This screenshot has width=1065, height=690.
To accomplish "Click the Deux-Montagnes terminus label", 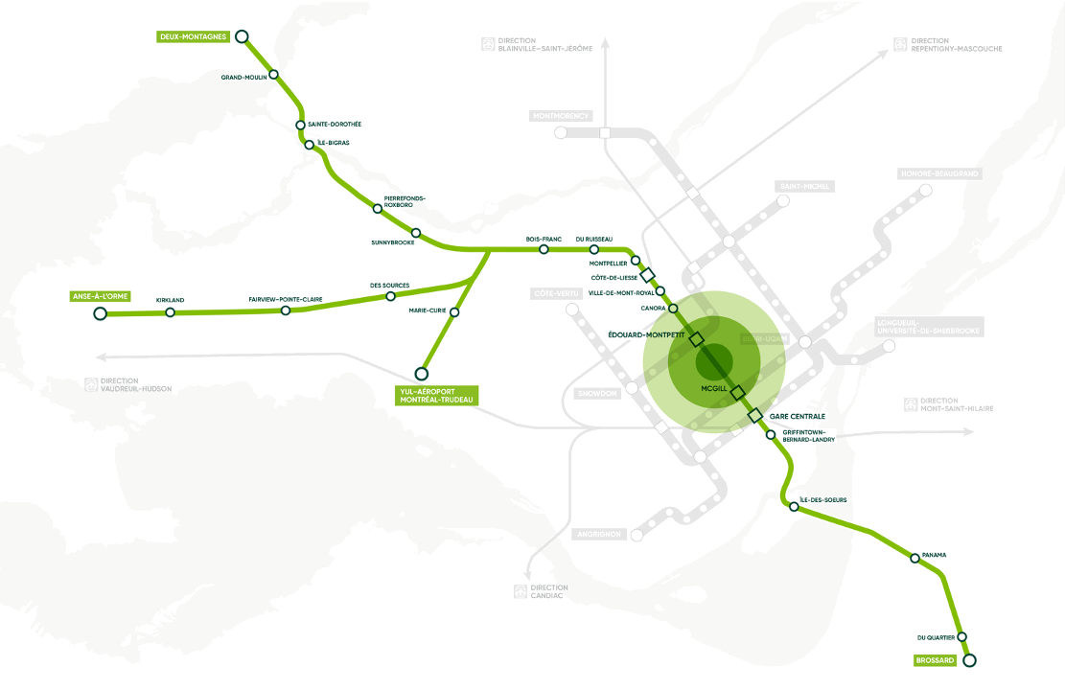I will click(193, 37).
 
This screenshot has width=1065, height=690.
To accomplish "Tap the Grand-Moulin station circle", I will click(273, 74).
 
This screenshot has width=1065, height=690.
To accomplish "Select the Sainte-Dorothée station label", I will click(335, 125).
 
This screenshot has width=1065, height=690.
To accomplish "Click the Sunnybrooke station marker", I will click(415, 233).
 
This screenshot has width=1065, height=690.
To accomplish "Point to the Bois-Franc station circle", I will click(544, 249).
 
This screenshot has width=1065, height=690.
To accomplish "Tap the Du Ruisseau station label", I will click(593, 239).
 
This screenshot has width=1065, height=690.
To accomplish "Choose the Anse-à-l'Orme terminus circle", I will click(100, 313).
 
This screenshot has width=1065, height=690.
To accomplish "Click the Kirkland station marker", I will click(170, 312).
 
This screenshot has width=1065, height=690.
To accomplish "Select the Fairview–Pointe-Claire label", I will click(286, 300).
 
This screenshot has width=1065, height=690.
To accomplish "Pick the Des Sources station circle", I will click(390, 296).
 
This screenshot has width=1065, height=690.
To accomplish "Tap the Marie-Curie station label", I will click(428, 310).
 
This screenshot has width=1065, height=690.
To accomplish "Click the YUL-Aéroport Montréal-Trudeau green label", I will click(436, 395).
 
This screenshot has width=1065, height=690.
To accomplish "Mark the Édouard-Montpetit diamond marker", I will click(696, 339).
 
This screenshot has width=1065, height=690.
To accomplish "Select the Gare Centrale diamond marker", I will click(754, 415).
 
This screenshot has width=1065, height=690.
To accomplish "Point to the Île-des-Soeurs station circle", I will click(794, 507).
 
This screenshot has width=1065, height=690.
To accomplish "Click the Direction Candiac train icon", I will click(521, 591).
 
